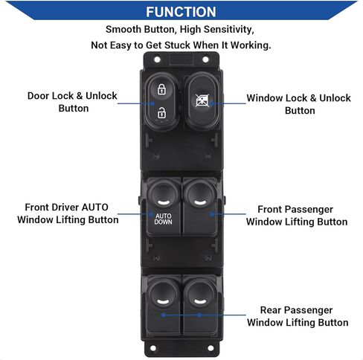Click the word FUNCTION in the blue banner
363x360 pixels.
coord(181,12)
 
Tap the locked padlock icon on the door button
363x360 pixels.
coord(161,89)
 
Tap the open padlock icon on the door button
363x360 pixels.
coord(161,113)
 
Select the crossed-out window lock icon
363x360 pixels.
coord(202,100)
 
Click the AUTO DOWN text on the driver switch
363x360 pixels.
coord(163,219)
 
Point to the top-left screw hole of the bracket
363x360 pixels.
coord(157,60)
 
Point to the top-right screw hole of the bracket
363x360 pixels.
coord(205,60)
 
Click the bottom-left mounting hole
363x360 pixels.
coord(153,348)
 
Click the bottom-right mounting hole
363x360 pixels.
coord(211,348)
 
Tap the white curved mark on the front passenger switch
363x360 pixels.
coord(200,203)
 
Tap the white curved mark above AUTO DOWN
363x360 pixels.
coord(164,203)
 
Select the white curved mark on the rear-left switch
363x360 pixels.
coord(163,302)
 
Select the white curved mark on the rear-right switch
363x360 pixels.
coord(200,302)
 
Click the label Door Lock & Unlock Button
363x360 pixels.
coord(72,102)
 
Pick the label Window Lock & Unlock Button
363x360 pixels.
coord(299,104)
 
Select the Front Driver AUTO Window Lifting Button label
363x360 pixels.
coord(68,213)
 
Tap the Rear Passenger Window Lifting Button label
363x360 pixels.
coord(298,316)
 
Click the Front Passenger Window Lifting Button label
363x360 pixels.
coord(297,216)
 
